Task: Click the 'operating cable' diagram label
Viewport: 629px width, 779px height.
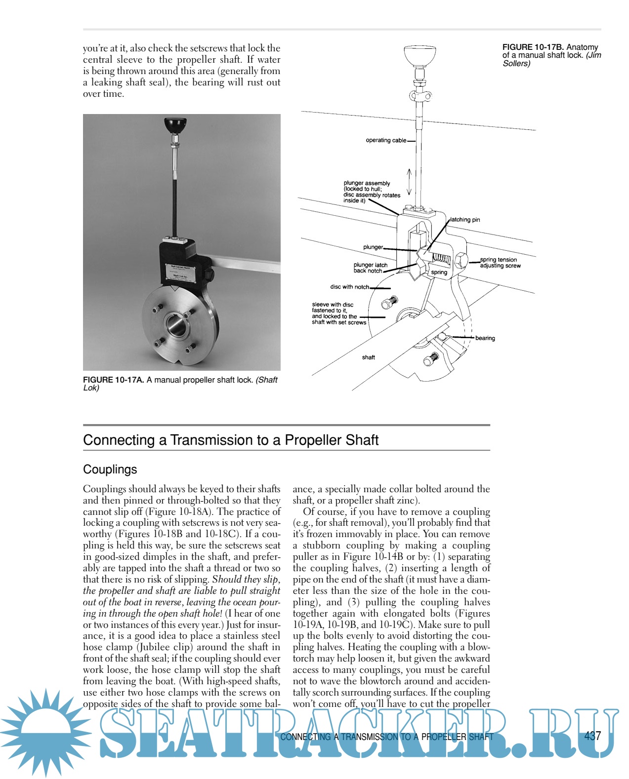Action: coord(386,140)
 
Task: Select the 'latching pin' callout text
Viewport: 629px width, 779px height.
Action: coord(465,220)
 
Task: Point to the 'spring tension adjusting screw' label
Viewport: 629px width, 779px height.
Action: coord(500,263)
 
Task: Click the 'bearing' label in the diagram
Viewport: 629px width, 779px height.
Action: coord(485,338)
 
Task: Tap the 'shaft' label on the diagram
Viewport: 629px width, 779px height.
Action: coord(368,357)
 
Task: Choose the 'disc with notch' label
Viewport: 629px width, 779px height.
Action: coord(349,287)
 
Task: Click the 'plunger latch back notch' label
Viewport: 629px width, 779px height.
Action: coord(370,268)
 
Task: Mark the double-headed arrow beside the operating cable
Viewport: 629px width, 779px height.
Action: coord(409,182)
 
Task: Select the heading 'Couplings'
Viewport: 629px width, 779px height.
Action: coord(110,469)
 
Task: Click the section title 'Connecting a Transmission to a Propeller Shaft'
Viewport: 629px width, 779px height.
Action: coord(230,440)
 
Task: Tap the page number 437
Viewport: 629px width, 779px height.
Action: coord(592,736)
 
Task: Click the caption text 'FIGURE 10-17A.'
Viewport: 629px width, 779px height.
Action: coord(113,380)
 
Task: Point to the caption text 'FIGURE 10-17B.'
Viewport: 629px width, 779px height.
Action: coord(533,47)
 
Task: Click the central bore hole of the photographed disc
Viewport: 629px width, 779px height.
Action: coord(175,325)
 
